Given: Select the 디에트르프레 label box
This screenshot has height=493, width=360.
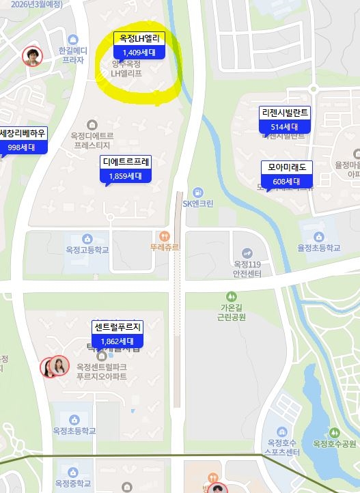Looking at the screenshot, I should [x=126, y=162].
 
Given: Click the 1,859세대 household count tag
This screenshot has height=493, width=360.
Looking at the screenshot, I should [x=125, y=175].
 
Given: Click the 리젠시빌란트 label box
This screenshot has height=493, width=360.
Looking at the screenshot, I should [x=285, y=113].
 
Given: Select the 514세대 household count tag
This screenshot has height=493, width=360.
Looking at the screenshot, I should [x=284, y=127].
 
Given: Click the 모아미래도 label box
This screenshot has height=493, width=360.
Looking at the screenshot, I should [x=286, y=167].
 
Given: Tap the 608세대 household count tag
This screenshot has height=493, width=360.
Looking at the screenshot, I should [x=286, y=181].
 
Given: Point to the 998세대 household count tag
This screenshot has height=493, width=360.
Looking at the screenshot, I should [x=22, y=147].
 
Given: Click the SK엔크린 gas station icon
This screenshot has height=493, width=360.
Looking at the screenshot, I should [x=198, y=192].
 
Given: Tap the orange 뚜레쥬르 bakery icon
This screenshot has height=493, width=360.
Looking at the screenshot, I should [x=163, y=236].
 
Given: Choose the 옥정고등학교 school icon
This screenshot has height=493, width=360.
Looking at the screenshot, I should [x=87, y=238].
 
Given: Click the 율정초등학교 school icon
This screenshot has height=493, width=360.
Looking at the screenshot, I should [x=316, y=237].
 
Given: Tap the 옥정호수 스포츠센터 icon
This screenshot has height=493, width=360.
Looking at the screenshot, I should [x=281, y=432].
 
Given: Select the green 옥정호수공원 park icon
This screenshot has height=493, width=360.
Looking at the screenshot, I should [x=334, y=432].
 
